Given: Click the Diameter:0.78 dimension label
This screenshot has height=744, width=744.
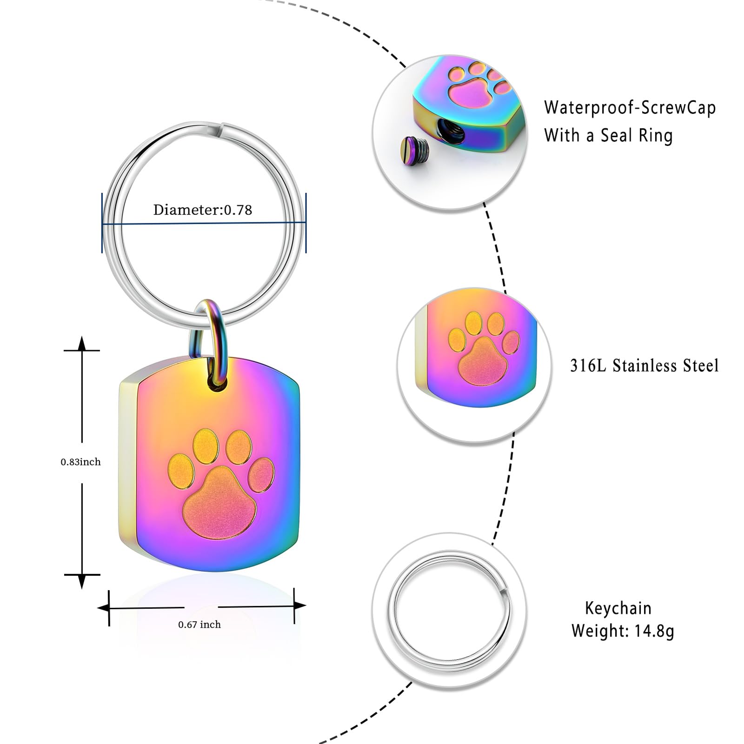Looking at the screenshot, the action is [x=203, y=210].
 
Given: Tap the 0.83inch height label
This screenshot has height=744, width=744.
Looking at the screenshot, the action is [x=80, y=462].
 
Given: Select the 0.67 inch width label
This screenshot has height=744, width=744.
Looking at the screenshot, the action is [x=199, y=624].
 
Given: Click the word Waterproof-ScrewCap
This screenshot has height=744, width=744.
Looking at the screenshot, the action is [x=630, y=108].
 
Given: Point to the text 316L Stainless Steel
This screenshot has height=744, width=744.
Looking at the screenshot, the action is [x=644, y=365].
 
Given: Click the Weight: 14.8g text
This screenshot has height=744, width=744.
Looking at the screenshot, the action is [x=623, y=631].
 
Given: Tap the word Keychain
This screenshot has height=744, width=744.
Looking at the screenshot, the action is [x=618, y=608].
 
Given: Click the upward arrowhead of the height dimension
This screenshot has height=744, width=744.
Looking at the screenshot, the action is [x=82, y=343].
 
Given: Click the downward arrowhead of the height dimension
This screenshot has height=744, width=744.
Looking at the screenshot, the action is [x=82, y=582].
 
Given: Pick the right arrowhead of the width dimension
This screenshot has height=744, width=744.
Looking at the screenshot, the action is [x=300, y=605].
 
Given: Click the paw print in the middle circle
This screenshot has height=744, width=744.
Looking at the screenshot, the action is [x=484, y=347].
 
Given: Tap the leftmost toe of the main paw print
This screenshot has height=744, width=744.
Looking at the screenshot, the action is [x=180, y=472].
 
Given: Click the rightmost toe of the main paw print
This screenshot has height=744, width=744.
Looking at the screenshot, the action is [x=261, y=475].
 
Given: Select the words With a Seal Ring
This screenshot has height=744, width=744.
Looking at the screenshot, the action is [x=609, y=136].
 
